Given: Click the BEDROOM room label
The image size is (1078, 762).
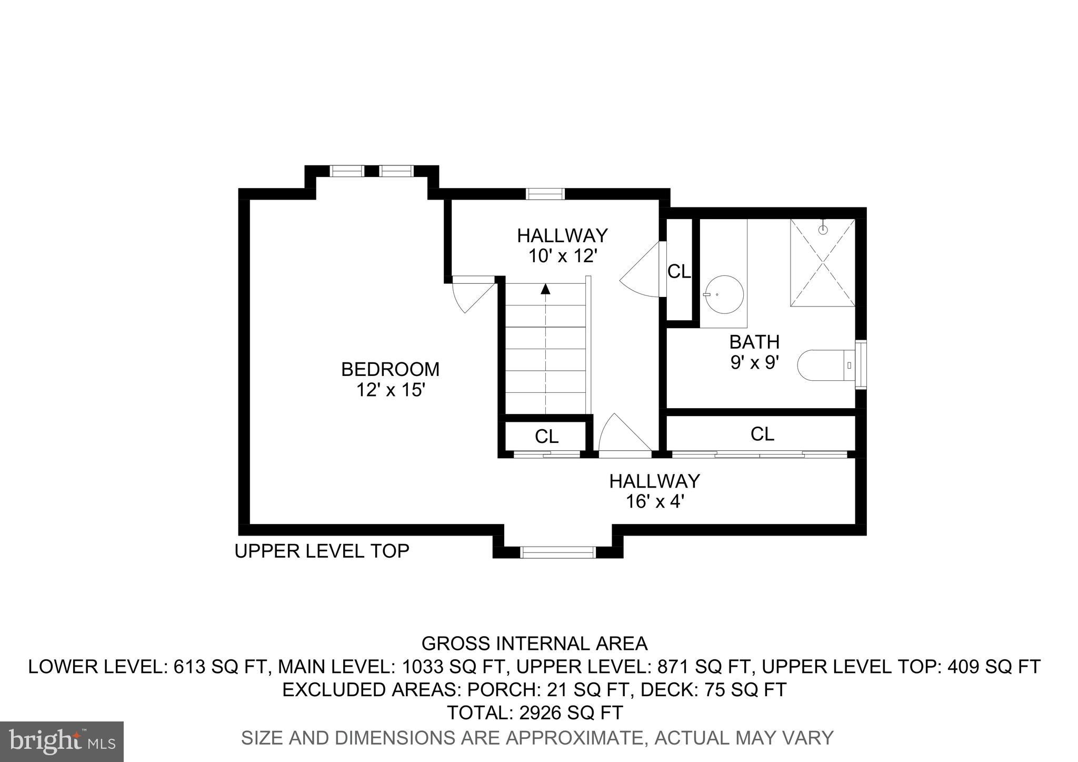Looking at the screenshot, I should pyautogui.click(x=390, y=369).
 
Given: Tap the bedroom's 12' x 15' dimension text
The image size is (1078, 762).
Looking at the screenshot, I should pyautogui.click(x=390, y=390).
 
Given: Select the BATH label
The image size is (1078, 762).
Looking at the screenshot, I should pyautogui.click(x=754, y=342).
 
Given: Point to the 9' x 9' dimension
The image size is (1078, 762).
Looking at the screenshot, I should pyautogui.click(x=754, y=363).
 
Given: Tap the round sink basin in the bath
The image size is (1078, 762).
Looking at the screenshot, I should pyautogui.click(x=724, y=295).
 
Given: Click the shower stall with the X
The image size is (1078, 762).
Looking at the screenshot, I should pyautogui.click(x=822, y=262).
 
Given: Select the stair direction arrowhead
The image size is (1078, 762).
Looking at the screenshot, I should pyautogui.click(x=545, y=289).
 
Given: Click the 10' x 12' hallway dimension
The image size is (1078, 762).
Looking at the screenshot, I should pyautogui.click(x=562, y=256).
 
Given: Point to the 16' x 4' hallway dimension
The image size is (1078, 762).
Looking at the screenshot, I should pyautogui.click(x=654, y=502).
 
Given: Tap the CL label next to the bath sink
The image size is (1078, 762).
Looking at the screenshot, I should pyautogui.click(x=679, y=272).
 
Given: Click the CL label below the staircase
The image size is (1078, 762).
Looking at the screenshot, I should pyautogui.click(x=546, y=437).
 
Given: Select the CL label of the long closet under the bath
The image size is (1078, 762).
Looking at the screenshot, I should pyautogui.click(x=762, y=434).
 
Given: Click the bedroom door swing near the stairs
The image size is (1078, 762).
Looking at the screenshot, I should pyautogui.click(x=470, y=295).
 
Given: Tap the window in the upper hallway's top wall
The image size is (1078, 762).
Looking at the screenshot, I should pyautogui.click(x=545, y=194).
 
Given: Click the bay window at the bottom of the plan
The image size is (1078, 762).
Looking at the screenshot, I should pyautogui.click(x=558, y=552).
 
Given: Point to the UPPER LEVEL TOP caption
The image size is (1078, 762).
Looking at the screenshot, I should pyautogui.click(x=322, y=551).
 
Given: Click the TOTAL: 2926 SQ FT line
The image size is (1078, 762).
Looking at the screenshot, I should pyautogui.click(x=535, y=712).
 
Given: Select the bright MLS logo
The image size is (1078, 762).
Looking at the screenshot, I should pyautogui.click(x=62, y=741).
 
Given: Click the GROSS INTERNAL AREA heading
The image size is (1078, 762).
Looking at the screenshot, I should pyautogui.click(x=535, y=644).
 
